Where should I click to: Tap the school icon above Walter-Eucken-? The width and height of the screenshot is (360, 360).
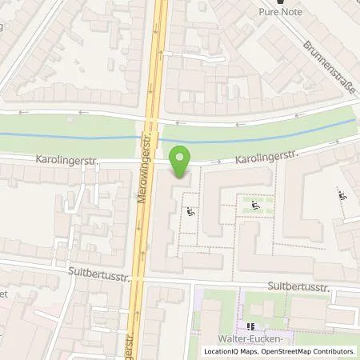coord(250,327)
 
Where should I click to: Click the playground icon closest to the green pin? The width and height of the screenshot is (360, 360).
coord(190,212)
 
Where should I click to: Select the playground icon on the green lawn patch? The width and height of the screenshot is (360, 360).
coord(255,206)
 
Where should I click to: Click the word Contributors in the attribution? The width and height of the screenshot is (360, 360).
coord(334,351)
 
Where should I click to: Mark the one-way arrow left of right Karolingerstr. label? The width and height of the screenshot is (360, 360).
coord(216,162)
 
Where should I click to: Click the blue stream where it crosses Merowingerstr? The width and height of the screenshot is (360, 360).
coord(152,137)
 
